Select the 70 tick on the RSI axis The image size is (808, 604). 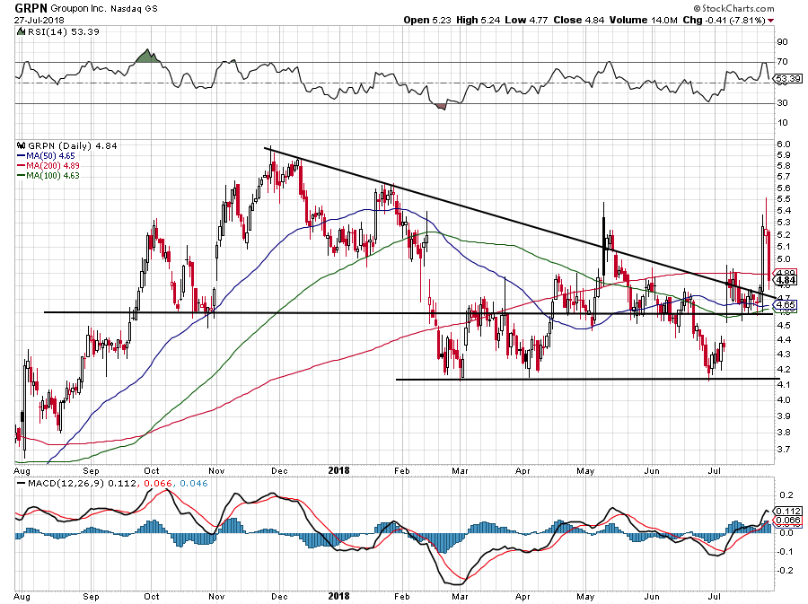point(781,62)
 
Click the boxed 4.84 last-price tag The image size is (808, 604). point(786,280)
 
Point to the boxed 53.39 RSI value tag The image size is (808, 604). point(787,80)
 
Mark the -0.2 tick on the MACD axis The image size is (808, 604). point(783,570)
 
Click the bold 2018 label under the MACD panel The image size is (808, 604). point(338,596)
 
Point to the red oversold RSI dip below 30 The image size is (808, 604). point(441,106)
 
